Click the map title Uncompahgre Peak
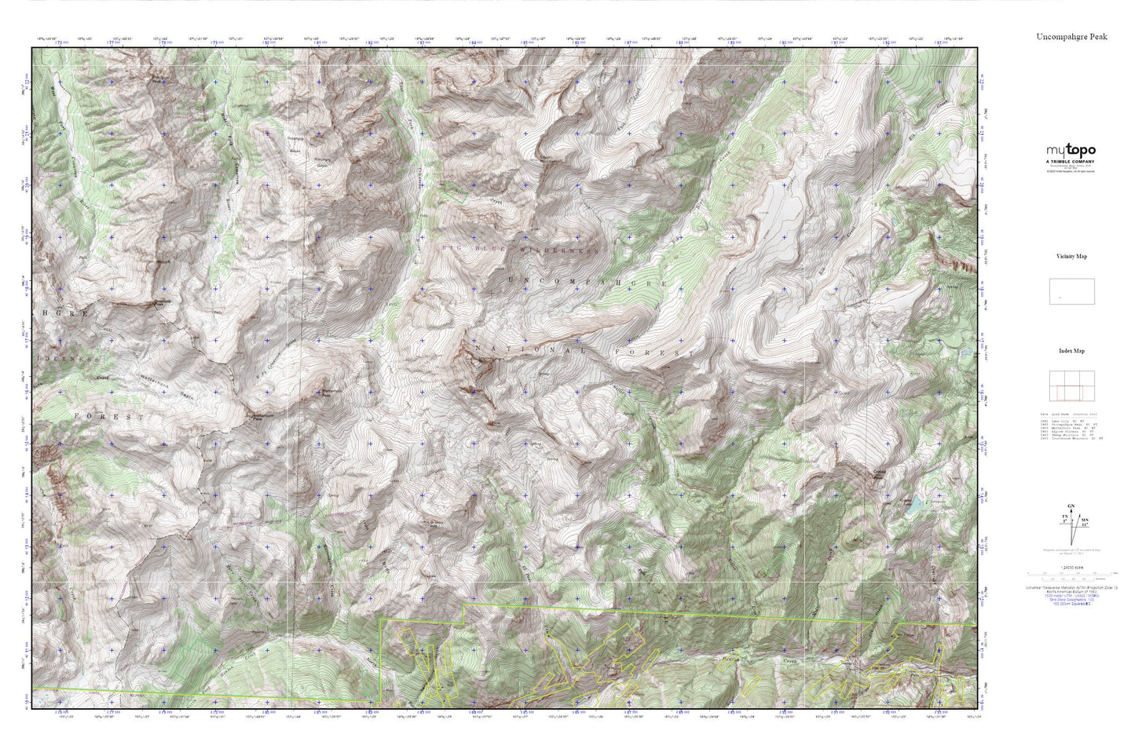coord(1071,36)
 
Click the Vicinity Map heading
coord(1071,256)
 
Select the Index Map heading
coord(1071,351)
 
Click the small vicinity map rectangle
coord(1071,291)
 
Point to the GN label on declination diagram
coord(1069,506)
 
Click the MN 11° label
coord(1084,521)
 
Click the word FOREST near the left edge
coord(109,417)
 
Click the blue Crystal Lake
coord(913,509)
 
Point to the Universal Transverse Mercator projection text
coord(1071,586)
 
